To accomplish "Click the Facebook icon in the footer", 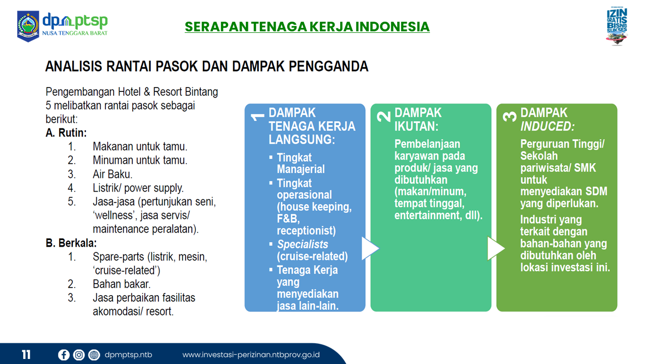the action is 64,355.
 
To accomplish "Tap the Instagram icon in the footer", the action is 79,355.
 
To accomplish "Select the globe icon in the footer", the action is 94,355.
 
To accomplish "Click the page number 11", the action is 26,354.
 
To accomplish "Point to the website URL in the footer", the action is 251,355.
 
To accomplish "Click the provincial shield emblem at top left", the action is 28,26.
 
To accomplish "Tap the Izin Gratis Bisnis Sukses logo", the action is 617,26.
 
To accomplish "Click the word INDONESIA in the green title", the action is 392,27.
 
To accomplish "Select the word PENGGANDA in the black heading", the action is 329,66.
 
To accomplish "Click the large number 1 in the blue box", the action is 257,117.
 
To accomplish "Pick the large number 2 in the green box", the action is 384,117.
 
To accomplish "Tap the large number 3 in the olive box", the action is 510,117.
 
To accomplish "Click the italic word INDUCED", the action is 548,126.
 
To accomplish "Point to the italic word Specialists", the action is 302,244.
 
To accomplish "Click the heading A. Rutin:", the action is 66,133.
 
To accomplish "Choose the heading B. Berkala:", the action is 71,243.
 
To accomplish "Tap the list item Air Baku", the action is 113,174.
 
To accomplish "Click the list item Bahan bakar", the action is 122,284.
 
